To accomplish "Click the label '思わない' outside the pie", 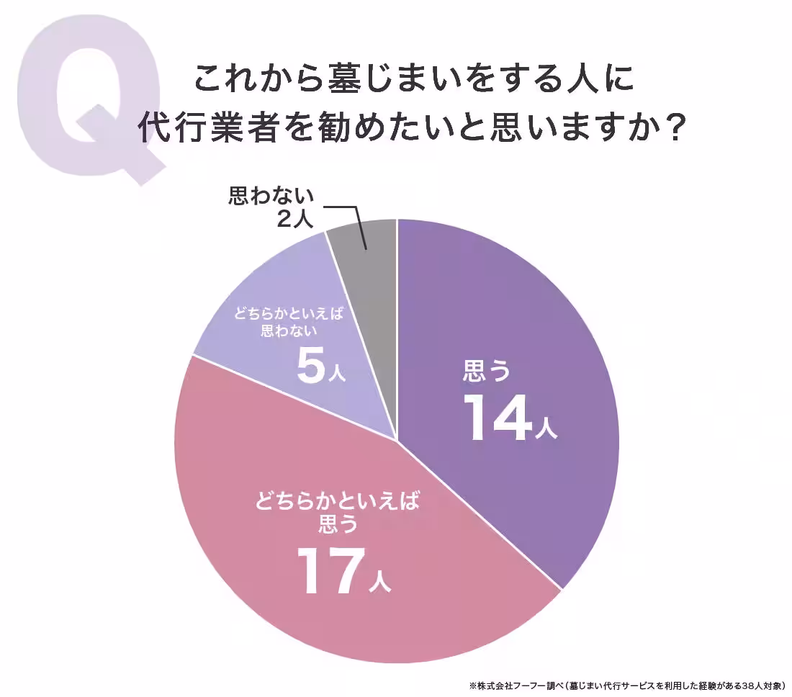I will pyautogui.click(x=271, y=196).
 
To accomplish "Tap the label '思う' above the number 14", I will pyautogui.click(x=487, y=372).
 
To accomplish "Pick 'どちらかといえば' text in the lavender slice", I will pyautogui.click(x=288, y=315).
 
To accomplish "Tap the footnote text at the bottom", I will pyautogui.click(x=626, y=685).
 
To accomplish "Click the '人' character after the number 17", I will pyautogui.click(x=379, y=580).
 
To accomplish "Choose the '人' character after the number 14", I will pyautogui.click(x=546, y=428).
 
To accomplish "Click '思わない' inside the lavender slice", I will pyautogui.click(x=289, y=332).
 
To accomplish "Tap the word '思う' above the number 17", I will pyautogui.click(x=338, y=524).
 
